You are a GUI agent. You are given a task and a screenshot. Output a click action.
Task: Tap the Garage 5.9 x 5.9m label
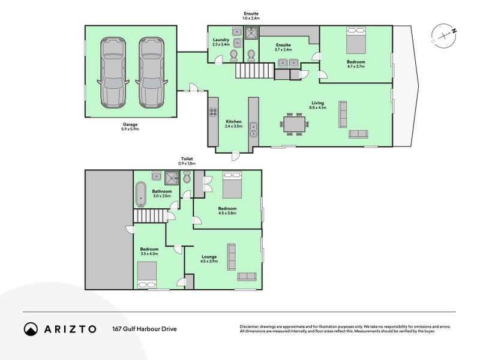(131, 127)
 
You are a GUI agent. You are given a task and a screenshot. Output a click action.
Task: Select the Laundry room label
(221, 42)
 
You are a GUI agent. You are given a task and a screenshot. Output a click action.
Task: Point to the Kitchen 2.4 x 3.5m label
(233, 124)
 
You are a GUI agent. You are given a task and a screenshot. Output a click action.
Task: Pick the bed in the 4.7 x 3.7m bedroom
(356, 42)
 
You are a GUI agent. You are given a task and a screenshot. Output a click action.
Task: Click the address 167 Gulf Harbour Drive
(144, 329)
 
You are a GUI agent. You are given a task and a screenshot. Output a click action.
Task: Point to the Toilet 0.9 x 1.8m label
(187, 161)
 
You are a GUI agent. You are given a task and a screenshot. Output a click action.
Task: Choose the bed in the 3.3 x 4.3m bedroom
(148, 275)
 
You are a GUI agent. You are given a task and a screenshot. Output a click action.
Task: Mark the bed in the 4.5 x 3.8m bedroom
(232, 185)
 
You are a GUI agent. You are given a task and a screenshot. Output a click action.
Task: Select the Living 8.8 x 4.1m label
(317, 104)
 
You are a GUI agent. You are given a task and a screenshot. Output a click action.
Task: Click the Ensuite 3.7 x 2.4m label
(283, 47)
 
